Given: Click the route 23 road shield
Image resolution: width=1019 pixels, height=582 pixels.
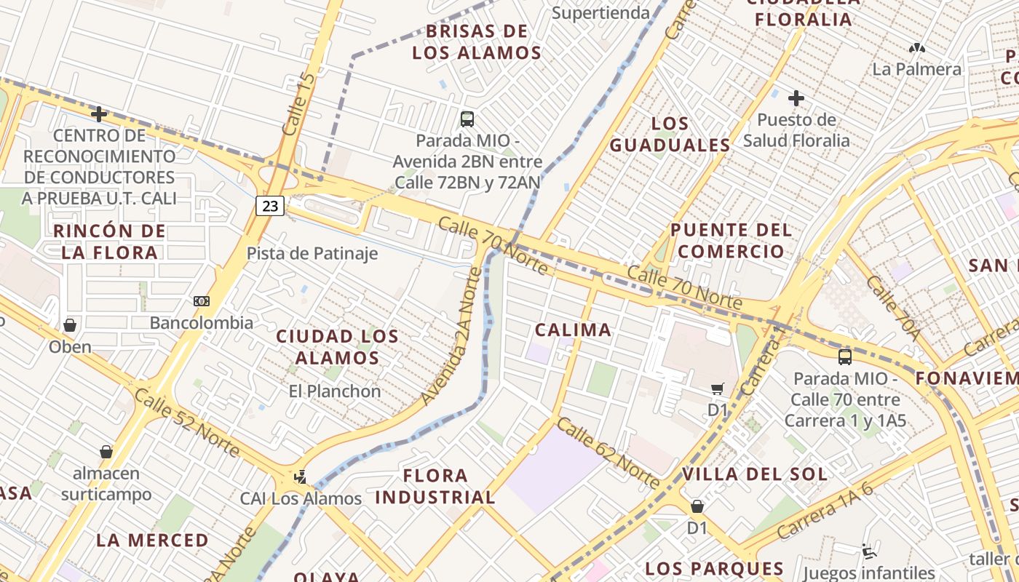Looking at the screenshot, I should [x=270, y=206].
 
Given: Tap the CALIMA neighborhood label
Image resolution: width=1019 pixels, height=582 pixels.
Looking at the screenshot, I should [x=573, y=330].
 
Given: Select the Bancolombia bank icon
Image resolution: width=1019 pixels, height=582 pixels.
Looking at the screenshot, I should [x=202, y=301].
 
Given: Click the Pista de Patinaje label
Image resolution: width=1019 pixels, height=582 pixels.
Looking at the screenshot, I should [x=312, y=253].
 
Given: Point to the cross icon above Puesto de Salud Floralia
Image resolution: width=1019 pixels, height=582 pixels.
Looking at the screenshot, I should [x=796, y=97].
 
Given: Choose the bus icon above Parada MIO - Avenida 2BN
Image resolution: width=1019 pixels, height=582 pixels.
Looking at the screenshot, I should [x=467, y=119].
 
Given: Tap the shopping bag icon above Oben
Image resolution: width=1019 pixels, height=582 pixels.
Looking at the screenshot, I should [x=70, y=324].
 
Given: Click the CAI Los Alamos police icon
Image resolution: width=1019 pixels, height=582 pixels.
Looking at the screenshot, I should [x=300, y=477].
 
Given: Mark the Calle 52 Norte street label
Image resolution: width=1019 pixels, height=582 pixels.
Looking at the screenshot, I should [x=186, y=423].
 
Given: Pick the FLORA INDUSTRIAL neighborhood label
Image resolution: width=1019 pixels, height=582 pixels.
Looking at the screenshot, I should [x=435, y=487].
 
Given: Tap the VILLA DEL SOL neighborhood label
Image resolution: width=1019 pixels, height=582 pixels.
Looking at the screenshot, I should [x=755, y=475].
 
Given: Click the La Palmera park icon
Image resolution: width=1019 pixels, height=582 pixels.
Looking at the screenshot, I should [x=916, y=48].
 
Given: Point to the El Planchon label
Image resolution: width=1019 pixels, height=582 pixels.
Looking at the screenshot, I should [x=335, y=391].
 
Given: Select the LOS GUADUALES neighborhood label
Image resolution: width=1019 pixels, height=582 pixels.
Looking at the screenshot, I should [x=670, y=135].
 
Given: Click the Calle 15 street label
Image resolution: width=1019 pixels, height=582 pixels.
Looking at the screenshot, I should [x=299, y=103].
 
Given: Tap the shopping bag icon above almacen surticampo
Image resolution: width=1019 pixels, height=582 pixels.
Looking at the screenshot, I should [x=106, y=452].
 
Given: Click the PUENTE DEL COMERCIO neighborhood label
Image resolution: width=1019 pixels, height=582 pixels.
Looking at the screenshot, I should [x=730, y=241].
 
